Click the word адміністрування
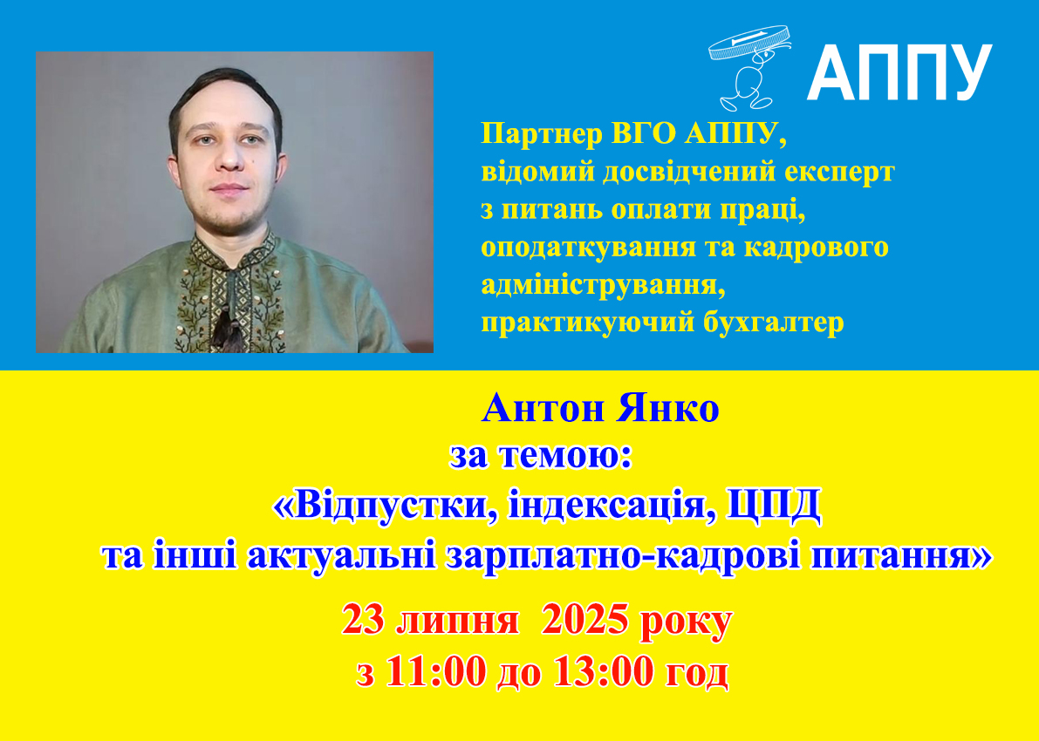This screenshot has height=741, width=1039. pos(599,285)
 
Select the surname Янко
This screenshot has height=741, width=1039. pos(667,409)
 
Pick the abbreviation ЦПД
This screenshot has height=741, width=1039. pos(775,507)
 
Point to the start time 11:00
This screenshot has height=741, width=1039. pos(435,674)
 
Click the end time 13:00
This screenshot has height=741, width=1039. pos(602,674)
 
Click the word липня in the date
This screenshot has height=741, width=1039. pos(458,623)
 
